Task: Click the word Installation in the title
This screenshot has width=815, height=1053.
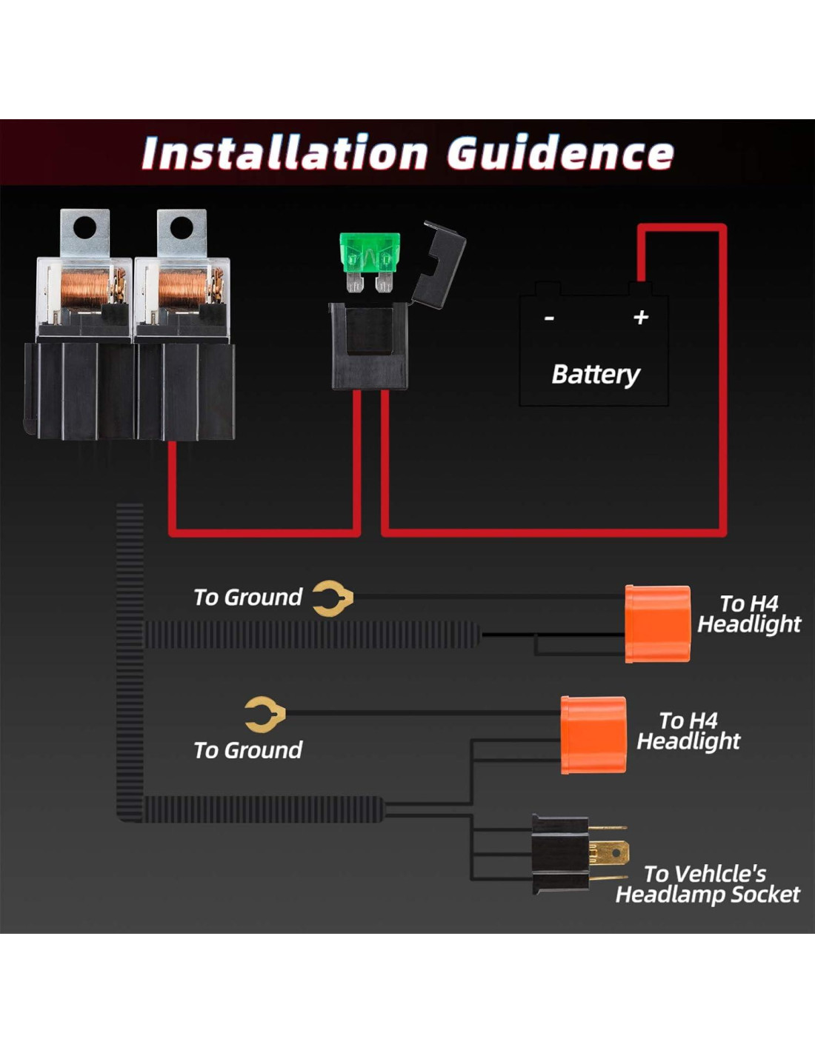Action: click(x=285, y=153)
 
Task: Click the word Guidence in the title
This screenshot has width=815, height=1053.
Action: click(x=560, y=153)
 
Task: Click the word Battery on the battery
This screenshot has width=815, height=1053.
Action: click(x=596, y=374)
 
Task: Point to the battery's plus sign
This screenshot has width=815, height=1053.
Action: click(x=641, y=317)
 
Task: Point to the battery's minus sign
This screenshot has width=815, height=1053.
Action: click(x=549, y=318)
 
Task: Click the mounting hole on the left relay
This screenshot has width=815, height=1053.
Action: click(x=85, y=227)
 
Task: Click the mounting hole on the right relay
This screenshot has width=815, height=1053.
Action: click(x=182, y=227)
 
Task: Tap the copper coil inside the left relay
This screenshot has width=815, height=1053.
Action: click(x=83, y=289)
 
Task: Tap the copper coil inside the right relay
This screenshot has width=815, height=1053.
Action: click(x=182, y=289)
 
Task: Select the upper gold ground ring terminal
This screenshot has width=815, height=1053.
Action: click(x=331, y=598)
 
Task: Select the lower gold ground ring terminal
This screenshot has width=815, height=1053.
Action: click(x=265, y=715)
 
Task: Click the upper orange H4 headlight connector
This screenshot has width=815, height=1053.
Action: click(x=657, y=624)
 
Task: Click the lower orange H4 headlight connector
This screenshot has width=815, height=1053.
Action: click(x=593, y=735)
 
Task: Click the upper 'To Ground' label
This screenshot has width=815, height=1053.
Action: click(x=247, y=597)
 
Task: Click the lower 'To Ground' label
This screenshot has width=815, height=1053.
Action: click(x=247, y=750)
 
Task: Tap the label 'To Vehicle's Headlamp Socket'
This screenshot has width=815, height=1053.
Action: click(x=707, y=884)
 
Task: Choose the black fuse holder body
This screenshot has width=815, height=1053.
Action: click(x=369, y=347)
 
